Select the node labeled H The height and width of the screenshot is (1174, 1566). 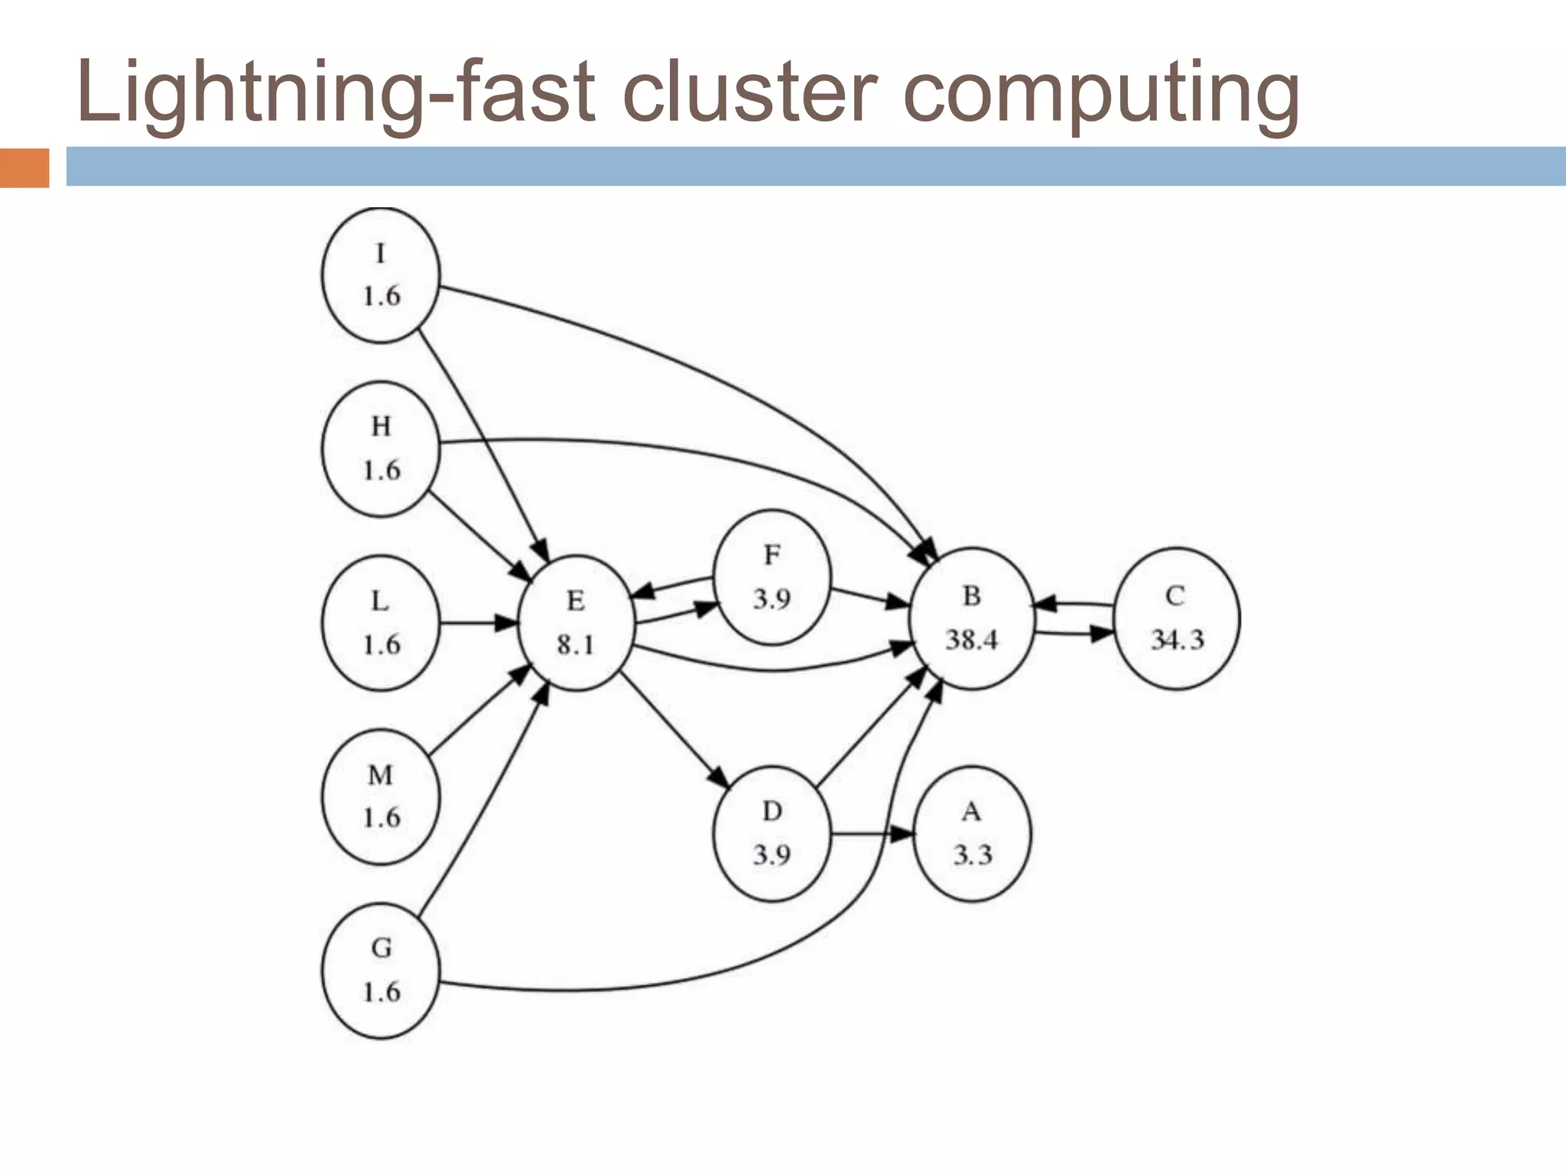(381, 449)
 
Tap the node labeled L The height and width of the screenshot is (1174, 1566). (381, 623)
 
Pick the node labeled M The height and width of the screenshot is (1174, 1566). (381, 796)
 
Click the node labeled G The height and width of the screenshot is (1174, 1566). (381, 970)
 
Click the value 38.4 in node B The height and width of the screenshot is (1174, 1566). (971, 640)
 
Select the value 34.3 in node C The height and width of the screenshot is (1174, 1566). (1177, 640)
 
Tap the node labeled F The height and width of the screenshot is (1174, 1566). (772, 578)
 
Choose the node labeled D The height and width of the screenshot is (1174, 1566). (772, 833)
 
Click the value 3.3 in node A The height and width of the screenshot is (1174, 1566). (972, 855)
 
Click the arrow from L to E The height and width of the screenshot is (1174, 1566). (479, 623)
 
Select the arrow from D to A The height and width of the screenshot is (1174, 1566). (872, 834)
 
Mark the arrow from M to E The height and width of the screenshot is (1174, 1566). (479, 710)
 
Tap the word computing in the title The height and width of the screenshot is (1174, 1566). (1101, 93)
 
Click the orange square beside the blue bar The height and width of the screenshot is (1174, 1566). (24, 167)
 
